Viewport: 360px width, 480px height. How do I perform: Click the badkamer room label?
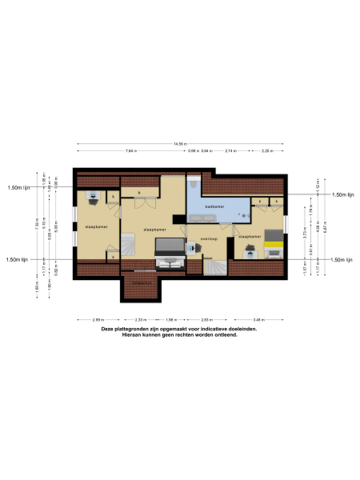(x=214, y=206)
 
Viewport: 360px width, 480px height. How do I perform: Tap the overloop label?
(x=210, y=238)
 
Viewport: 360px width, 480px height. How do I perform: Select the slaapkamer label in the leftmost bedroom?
(x=96, y=226)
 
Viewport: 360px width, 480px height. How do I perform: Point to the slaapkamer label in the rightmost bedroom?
(x=250, y=237)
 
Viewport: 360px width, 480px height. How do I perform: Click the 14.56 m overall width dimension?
(x=180, y=144)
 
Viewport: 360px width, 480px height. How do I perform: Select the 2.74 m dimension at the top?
(x=230, y=151)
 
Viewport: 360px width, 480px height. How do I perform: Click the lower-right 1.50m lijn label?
(x=342, y=260)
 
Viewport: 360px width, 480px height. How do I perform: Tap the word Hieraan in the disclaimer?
(x=131, y=334)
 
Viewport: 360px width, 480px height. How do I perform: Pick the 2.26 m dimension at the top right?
(x=266, y=151)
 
